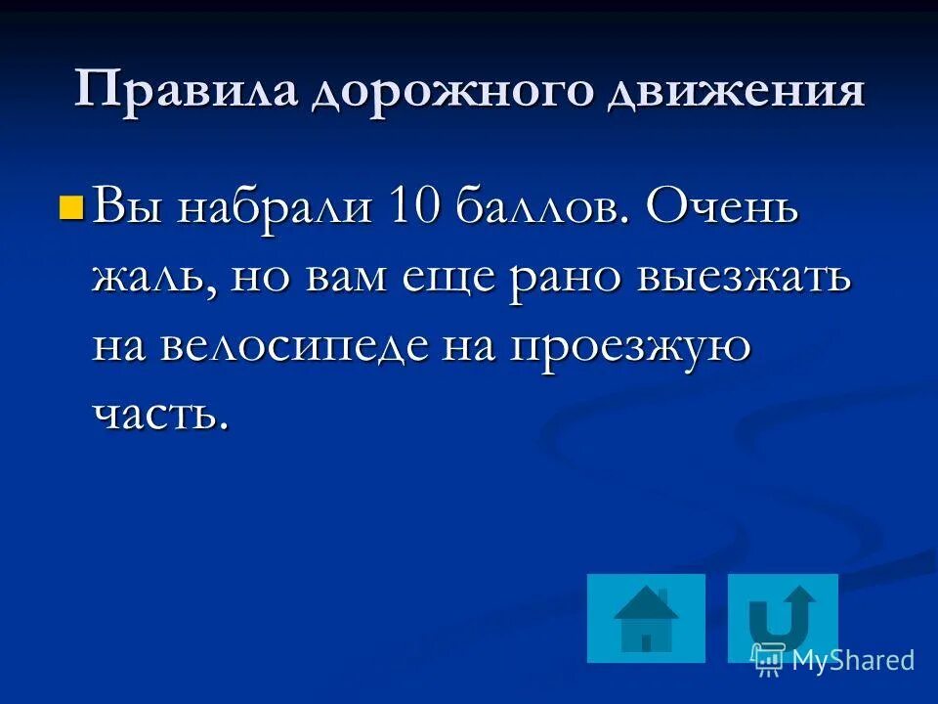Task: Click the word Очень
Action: point(722,210)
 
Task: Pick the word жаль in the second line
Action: point(153,280)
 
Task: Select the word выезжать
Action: point(744,280)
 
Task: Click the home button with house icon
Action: point(646,618)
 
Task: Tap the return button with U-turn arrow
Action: point(783,618)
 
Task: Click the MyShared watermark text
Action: point(852,661)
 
